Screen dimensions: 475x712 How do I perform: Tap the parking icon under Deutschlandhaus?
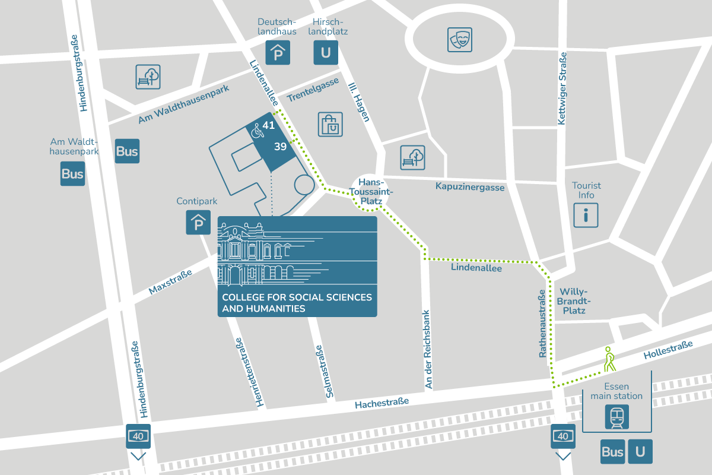point(277,52)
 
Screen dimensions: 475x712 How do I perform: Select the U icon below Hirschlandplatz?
point(326,52)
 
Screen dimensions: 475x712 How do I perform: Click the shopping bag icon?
point(330,125)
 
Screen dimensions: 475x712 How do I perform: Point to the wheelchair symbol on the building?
point(258,131)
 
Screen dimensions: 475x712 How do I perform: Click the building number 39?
point(281,146)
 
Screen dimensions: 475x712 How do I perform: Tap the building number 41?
point(269,125)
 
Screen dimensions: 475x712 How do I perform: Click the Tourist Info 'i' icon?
point(586,215)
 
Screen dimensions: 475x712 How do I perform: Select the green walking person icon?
point(609,359)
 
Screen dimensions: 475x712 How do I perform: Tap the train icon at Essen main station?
point(616,417)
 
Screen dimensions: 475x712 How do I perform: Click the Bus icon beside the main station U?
point(612,452)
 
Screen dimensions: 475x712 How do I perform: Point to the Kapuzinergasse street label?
point(469,187)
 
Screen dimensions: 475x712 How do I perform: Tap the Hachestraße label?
point(382,404)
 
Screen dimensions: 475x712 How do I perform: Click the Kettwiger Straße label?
point(562,88)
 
